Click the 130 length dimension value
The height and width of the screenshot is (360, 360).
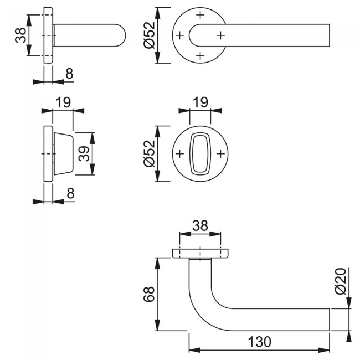pos(259,342)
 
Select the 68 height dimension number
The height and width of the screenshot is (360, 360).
pos(149,294)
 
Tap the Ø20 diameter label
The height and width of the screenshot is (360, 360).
pos(341,281)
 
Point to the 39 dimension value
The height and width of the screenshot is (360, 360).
pos(84,153)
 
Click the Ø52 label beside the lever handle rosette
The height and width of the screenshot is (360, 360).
pos(149,35)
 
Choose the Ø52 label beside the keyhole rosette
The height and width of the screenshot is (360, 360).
pos(149,153)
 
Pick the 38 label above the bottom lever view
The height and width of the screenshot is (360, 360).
pos(200,225)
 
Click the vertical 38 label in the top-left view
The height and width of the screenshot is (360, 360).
pos(20,35)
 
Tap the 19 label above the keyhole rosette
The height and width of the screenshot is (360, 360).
pos(200,102)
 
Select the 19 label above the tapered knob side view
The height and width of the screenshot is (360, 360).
pos(63,102)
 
